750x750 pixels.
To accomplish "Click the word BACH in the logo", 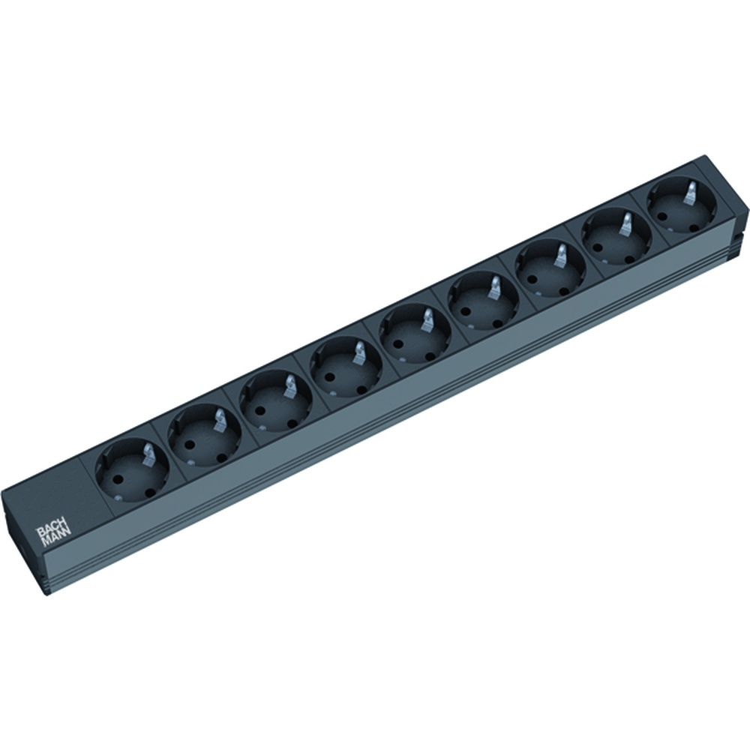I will (x=50, y=530).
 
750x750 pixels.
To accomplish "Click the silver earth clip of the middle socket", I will (x=427, y=320).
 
